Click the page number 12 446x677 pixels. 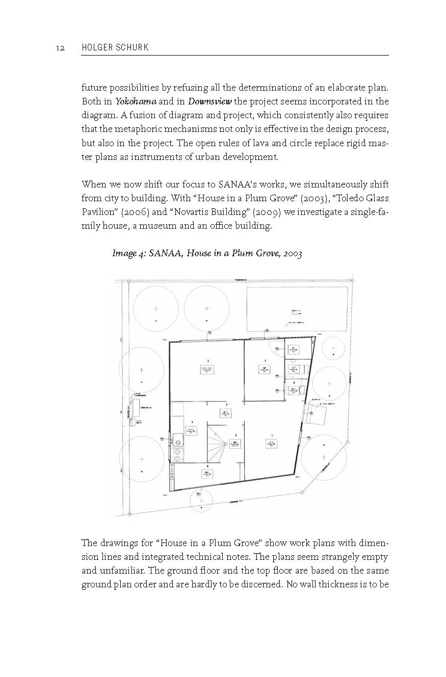(x=59, y=47)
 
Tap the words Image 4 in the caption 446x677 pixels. (x=129, y=253)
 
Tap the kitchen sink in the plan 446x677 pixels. (x=178, y=438)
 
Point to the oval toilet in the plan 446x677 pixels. (x=302, y=391)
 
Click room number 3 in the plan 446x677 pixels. (x=207, y=360)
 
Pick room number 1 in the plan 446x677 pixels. (x=271, y=435)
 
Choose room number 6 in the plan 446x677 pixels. (x=192, y=422)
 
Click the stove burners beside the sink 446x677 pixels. (x=178, y=454)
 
